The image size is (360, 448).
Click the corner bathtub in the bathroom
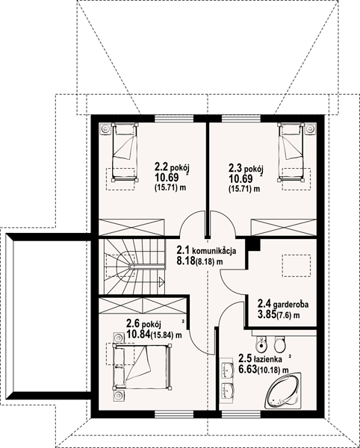(283, 391)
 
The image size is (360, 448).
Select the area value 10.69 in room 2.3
(240, 179)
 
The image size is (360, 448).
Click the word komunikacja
(214, 251)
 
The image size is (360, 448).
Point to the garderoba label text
(291, 305)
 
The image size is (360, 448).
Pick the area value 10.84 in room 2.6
(138, 334)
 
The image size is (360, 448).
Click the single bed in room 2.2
(125, 152)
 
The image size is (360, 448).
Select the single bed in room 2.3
(291, 152)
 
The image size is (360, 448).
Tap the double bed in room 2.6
(143, 367)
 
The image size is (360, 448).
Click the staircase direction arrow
(162, 281)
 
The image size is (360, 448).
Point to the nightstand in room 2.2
(105, 129)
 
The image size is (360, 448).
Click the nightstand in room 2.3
(311, 129)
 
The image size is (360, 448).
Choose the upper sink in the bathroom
(228, 369)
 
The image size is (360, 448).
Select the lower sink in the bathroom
(228, 391)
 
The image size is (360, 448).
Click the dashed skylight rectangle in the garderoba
(297, 265)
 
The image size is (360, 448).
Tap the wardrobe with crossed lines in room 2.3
(283, 228)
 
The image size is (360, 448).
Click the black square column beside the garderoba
(254, 245)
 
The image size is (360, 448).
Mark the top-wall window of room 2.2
(174, 118)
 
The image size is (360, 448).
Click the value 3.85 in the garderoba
(267, 314)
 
